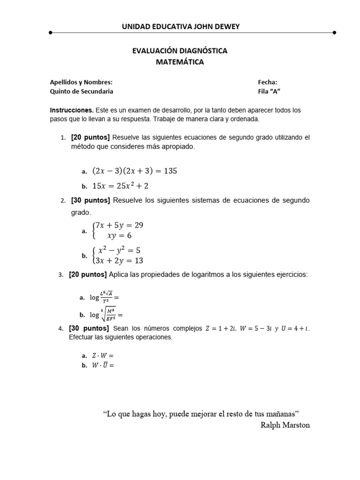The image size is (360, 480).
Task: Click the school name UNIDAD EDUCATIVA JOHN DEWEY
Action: click(x=180, y=27)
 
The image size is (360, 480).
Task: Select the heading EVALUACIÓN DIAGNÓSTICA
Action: click(x=180, y=51)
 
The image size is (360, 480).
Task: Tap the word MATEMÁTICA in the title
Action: click(x=180, y=62)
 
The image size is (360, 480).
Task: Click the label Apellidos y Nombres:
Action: click(x=81, y=82)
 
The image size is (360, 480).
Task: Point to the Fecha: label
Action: click(x=267, y=82)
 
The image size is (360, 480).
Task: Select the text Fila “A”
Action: click(x=269, y=91)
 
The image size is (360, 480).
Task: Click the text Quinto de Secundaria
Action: click(x=82, y=91)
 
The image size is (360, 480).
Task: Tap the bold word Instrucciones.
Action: click(x=72, y=110)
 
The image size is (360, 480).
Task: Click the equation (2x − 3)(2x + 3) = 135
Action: click(x=135, y=171)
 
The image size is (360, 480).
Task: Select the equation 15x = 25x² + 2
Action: click(x=120, y=186)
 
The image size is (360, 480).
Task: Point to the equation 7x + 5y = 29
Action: click(x=120, y=225)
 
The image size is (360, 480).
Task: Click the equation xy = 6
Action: click(x=120, y=236)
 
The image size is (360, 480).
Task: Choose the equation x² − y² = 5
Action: click(x=120, y=250)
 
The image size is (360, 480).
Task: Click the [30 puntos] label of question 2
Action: click(x=90, y=201)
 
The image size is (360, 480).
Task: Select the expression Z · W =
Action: click(x=102, y=356)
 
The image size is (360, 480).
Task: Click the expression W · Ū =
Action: click(x=102, y=366)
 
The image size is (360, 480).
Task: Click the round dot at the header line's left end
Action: click(x=50, y=33)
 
